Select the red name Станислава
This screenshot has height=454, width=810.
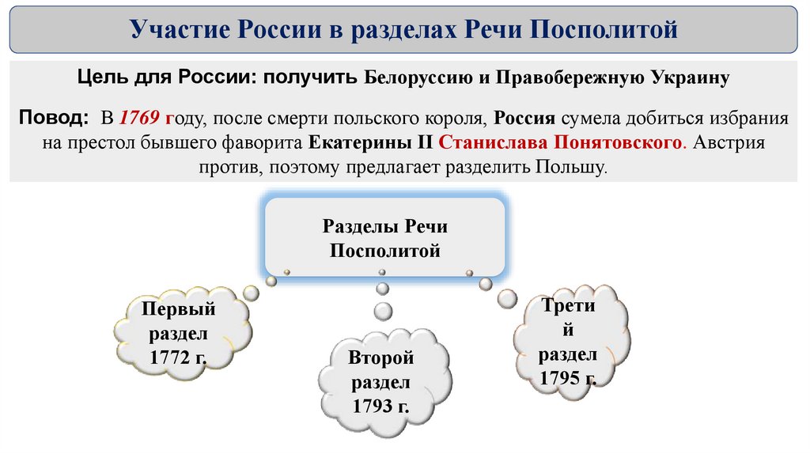483,144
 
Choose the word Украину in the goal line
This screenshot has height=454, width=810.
690,79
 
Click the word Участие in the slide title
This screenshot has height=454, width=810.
176,31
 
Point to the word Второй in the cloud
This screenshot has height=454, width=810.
380,358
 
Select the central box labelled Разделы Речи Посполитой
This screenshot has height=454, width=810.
384,238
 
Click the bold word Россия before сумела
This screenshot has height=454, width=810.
525,119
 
